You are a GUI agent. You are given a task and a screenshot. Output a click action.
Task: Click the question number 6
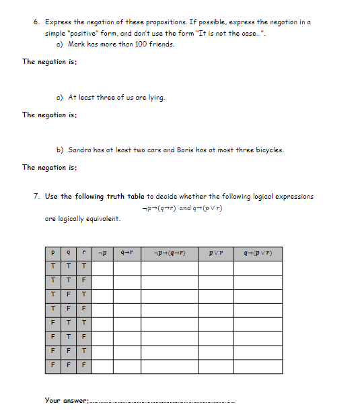tap(36, 22)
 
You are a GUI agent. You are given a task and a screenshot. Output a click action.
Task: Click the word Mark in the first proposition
tap(77, 44)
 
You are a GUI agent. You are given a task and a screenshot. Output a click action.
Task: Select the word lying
tap(156, 97)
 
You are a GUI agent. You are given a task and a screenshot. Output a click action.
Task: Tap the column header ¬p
tap(102, 253)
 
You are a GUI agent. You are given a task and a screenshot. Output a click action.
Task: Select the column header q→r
tap(127, 253)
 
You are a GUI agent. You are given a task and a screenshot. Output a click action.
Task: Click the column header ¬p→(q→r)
tap(170, 253)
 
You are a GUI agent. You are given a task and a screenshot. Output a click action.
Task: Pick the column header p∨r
tap(215, 253)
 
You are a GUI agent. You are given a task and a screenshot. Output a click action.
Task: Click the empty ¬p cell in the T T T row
tap(102, 267)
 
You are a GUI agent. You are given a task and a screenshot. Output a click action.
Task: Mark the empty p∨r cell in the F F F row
tap(215, 366)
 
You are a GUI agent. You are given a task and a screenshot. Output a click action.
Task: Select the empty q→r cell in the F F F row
tap(127, 366)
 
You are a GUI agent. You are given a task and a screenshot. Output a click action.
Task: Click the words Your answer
tap(66, 400)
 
